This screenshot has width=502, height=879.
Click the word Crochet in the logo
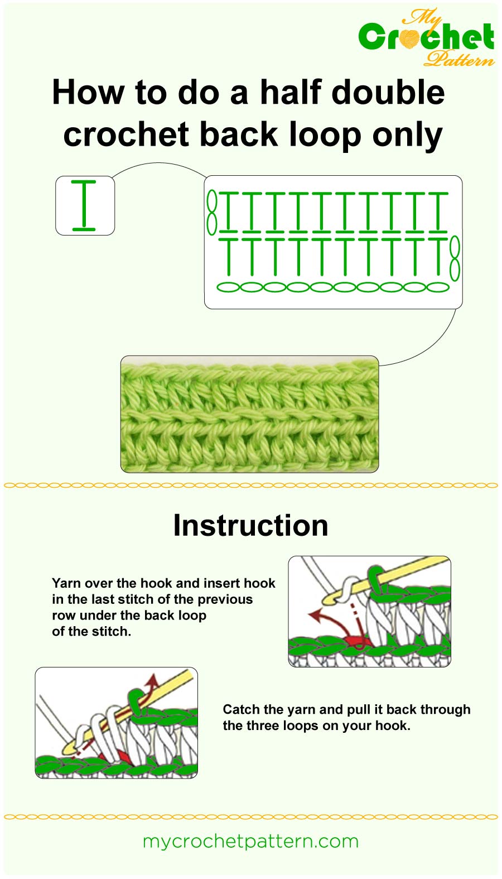click(x=426, y=38)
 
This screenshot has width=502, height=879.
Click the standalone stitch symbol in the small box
click(x=84, y=205)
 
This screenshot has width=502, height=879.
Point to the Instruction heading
click(x=250, y=525)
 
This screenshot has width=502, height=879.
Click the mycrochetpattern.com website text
click(x=250, y=841)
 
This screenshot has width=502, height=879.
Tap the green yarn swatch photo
click(x=249, y=414)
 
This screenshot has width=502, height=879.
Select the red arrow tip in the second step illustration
click(x=151, y=679)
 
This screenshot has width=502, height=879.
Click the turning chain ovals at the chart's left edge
click(x=212, y=212)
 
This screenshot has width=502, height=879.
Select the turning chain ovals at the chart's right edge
click(x=455, y=258)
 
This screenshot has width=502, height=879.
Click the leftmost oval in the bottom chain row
click(x=228, y=287)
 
